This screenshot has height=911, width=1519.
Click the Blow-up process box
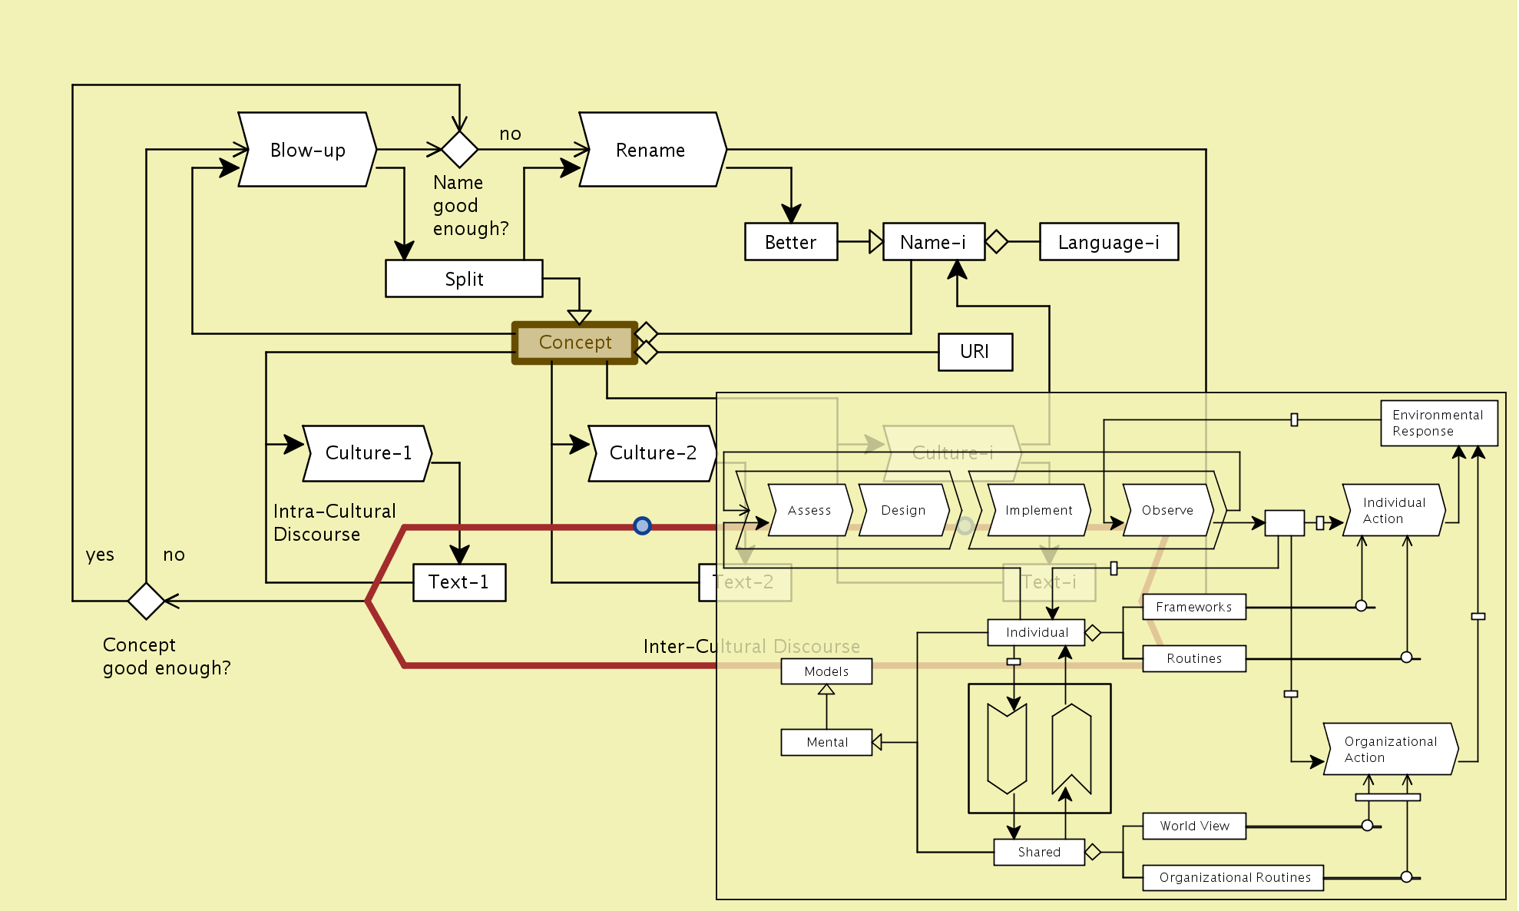(307, 150)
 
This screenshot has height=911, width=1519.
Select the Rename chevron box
(651, 150)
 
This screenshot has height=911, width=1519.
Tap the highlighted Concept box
(575, 343)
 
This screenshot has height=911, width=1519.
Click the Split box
(464, 279)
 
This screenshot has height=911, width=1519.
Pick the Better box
(790, 242)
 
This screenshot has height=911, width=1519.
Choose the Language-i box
(1108, 242)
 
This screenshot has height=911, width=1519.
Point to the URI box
(975, 352)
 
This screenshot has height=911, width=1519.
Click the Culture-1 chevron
(368, 453)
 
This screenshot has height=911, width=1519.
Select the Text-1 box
(458, 582)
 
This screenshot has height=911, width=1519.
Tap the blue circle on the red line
(642, 525)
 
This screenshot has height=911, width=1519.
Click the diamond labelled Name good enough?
(459, 149)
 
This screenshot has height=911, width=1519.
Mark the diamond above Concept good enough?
(146, 601)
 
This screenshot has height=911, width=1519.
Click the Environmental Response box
(1438, 423)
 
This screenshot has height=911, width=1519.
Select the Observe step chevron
(1167, 510)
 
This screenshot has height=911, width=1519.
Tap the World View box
(1194, 826)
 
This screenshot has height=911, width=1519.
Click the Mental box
(826, 742)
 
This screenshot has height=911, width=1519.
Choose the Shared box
(1038, 852)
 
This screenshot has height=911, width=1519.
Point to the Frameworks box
(1193, 607)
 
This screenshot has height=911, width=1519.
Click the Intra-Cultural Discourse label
(334, 522)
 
